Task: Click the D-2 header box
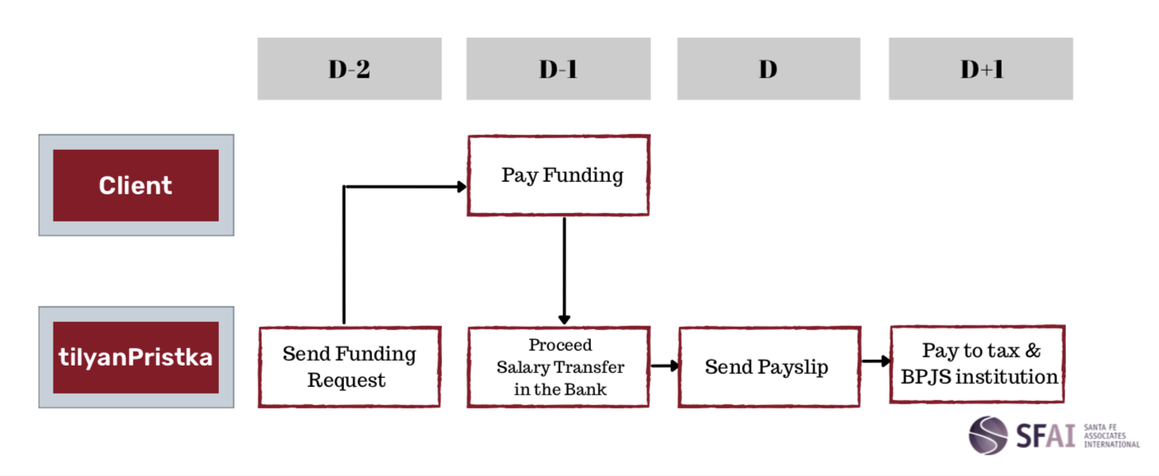(x=350, y=68)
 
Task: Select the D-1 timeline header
(x=558, y=68)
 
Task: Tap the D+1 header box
(x=980, y=68)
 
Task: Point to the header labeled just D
(x=769, y=68)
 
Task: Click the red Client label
(x=136, y=185)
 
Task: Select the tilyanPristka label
(x=136, y=357)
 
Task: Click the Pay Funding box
(x=558, y=175)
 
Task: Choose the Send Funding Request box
(x=350, y=366)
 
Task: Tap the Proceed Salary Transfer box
(x=558, y=366)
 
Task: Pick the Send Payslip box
(x=770, y=366)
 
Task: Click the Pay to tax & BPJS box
(x=977, y=364)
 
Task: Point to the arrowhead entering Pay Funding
(x=462, y=187)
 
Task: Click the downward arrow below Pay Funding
(x=565, y=271)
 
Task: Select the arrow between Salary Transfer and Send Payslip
(x=664, y=366)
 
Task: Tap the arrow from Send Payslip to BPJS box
(x=876, y=361)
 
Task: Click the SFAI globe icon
(x=989, y=436)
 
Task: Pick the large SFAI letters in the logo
(x=1045, y=436)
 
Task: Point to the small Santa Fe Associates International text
(x=1111, y=436)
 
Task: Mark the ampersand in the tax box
(x=1033, y=350)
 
